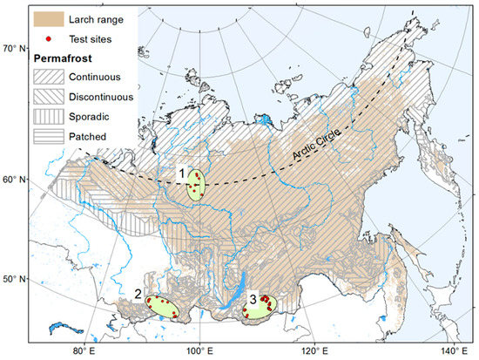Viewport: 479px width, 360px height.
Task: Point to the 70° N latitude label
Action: (15, 47)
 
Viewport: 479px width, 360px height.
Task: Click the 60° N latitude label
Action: (15, 180)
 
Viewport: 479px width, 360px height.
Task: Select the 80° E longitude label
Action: (83, 351)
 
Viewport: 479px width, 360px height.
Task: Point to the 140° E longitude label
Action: (449, 351)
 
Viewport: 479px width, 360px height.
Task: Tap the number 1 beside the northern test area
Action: (182, 173)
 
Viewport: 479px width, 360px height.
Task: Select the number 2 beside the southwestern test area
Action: (138, 294)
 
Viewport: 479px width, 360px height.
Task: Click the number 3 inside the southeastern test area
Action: (253, 301)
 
